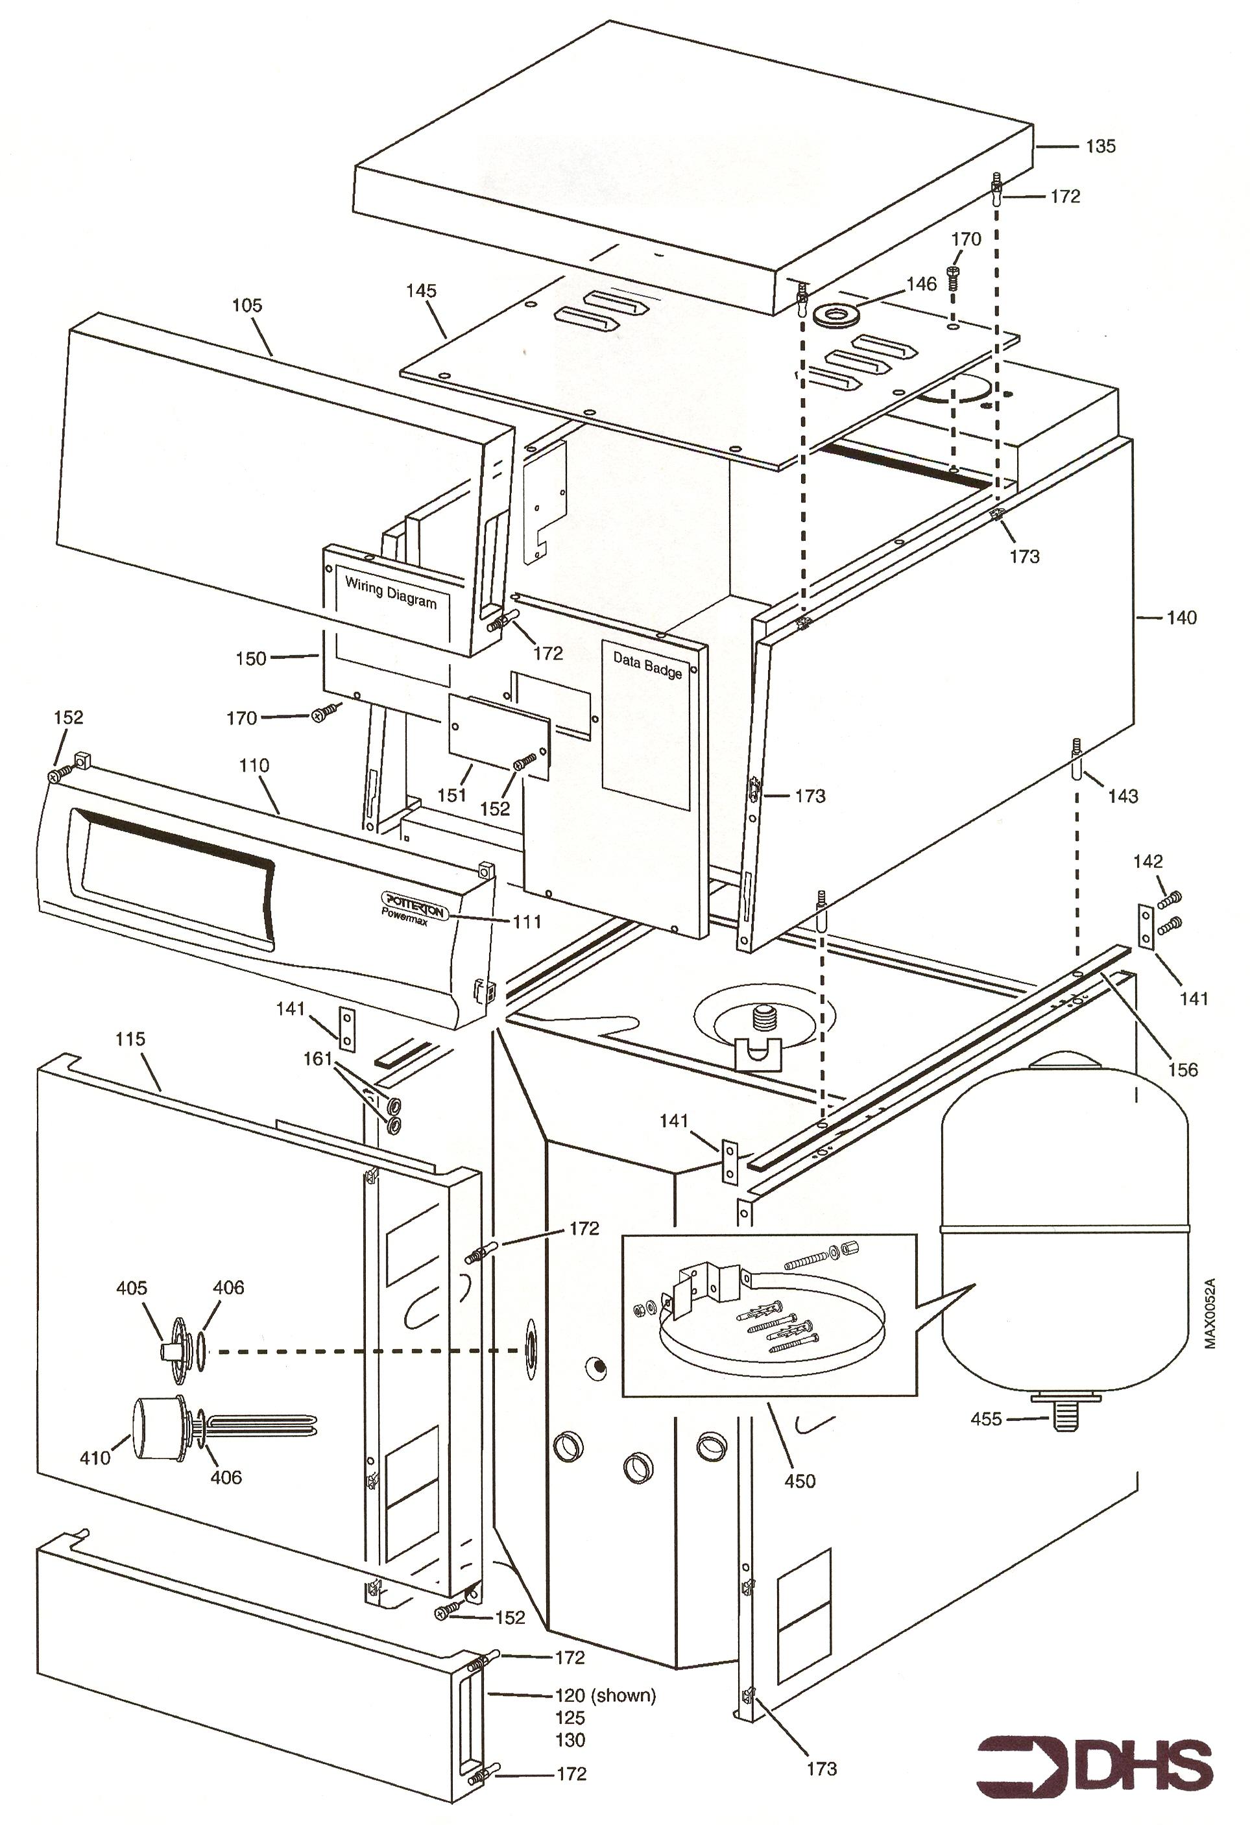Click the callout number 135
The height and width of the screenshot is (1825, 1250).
(1100, 146)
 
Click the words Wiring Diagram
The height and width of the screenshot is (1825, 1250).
(391, 592)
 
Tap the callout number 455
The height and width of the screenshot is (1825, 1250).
(986, 1419)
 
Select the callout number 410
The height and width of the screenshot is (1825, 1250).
(95, 1457)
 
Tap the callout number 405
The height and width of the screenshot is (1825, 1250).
(131, 1288)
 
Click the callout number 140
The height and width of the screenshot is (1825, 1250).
(1182, 618)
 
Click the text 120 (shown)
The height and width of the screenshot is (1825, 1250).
(605, 1695)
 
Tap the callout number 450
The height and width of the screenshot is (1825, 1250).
(800, 1481)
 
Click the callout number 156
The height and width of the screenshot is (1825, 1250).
(1183, 1069)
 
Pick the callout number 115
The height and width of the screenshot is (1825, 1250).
(130, 1039)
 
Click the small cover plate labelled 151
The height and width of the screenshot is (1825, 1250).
(498, 734)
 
